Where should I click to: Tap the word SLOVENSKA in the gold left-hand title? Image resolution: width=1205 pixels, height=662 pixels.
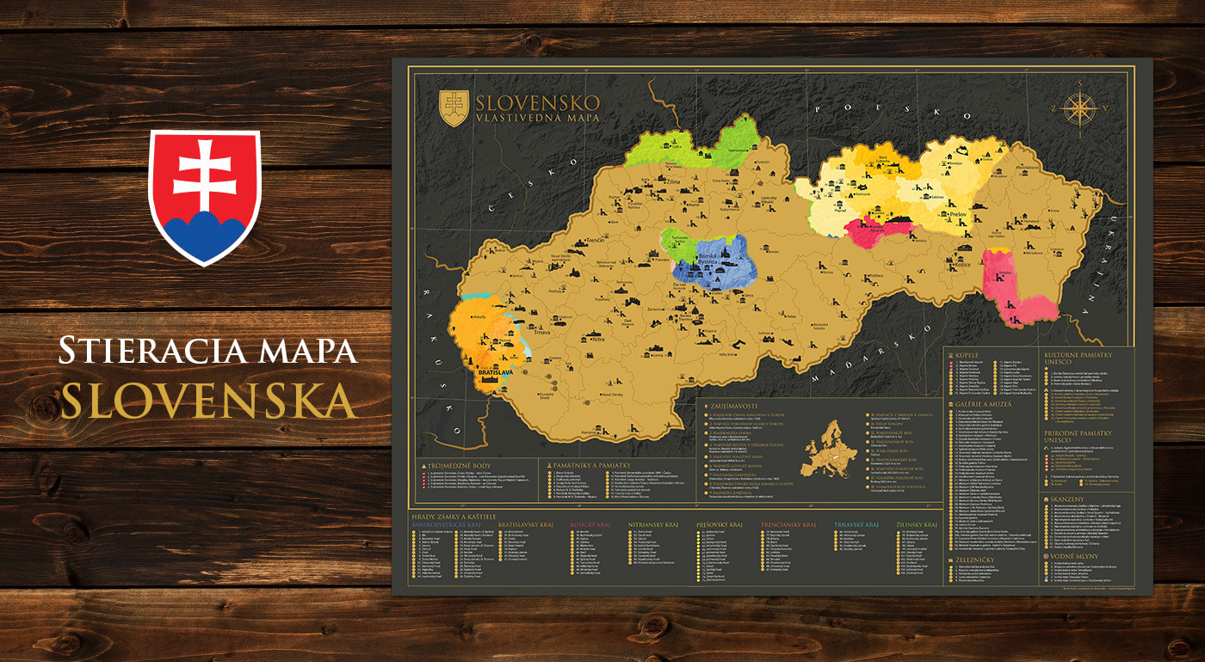pyautogui.click(x=208, y=400)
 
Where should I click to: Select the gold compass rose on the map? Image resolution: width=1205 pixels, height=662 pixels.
pyautogui.click(x=1078, y=108)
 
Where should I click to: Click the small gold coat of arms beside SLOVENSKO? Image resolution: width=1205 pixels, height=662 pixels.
pyautogui.click(x=454, y=108)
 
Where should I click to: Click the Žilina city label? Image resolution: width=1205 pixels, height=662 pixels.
pyautogui.click(x=668, y=182)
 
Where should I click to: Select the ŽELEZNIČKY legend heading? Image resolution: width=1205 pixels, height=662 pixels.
pyautogui.click(x=977, y=559)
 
